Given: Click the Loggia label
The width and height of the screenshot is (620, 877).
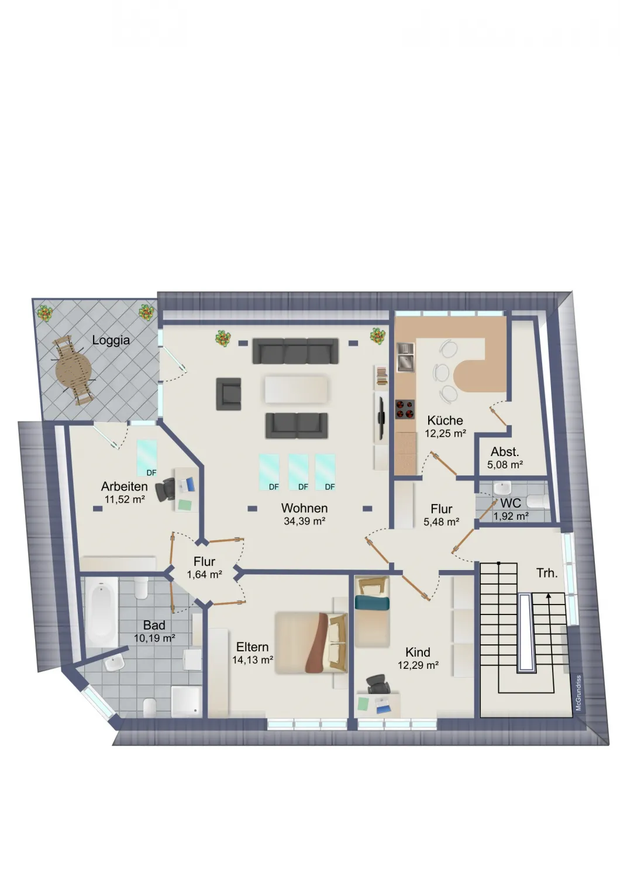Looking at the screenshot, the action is click(x=111, y=340).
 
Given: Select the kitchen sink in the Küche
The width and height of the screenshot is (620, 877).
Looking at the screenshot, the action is click(x=405, y=357).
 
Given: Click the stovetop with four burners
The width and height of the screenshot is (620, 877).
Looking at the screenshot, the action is click(x=405, y=409).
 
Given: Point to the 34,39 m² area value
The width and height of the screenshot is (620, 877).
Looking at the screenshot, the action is click(x=305, y=521).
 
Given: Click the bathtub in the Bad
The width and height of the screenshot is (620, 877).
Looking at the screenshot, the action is click(x=101, y=613).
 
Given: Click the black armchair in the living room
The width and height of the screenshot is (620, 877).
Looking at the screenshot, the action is click(x=228, y=393).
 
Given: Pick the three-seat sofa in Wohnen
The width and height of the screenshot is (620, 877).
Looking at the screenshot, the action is click(x=295, y=351).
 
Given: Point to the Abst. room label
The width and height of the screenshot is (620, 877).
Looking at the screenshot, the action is click(x=505, y=452).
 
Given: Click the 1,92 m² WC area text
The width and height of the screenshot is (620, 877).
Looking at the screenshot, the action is click(x=511, y=516).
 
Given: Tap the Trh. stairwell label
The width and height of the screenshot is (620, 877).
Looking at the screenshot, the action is click(x=547, y=573).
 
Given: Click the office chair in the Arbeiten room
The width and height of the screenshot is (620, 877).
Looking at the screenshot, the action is click(x=166, y=489).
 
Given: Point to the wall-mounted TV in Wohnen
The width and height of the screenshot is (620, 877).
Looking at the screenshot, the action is click(x=381, y=416).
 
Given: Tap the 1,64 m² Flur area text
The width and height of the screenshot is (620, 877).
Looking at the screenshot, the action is click(x=205, y=574).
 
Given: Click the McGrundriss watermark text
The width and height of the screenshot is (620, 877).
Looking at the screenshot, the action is click(x=578, y=693).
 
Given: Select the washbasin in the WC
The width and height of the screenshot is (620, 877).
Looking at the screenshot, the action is click(x=502, y=489).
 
